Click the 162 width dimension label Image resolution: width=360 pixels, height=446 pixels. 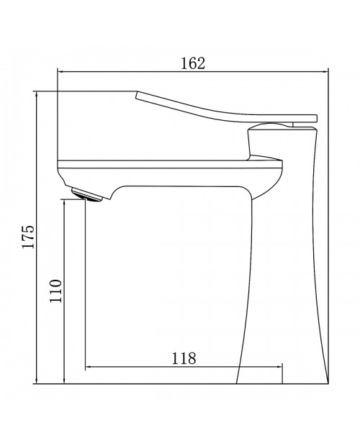tap(193, 63)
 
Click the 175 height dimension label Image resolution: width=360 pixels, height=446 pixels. tap(29, 237)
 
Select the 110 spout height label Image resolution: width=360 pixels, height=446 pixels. tap(55, 291)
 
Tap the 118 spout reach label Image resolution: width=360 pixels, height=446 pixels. tap(184, 358)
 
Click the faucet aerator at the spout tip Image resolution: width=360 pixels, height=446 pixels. tap(86, 194)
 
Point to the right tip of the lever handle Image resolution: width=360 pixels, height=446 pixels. tap(317, 119)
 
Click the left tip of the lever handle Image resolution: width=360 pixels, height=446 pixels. tap(136, 96)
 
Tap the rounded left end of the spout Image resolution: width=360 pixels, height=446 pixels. tap(61, 174)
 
